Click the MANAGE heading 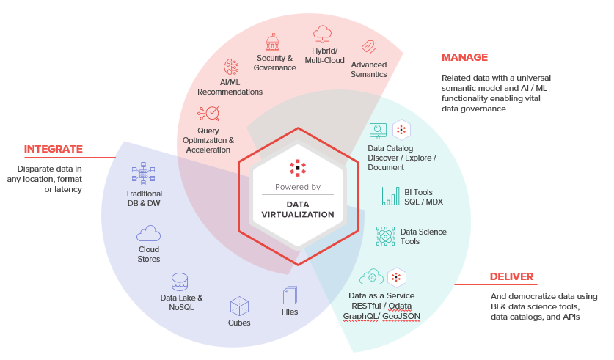click(464, 57)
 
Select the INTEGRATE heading click(54, 149)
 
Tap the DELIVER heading click(511, 276)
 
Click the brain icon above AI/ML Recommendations click(231, 67)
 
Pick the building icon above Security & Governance click(273, 42)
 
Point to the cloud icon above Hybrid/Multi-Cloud click(322, 34)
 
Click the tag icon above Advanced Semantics click(369, 47)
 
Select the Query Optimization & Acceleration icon click(208, 114)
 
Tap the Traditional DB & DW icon click(143, 174)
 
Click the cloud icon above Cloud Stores click(148, 233)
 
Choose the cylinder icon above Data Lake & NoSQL click(180, 282)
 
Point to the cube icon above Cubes click(239, 306)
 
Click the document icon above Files click(290, 295)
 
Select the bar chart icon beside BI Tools click(391, 196)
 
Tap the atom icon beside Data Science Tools click(385, 236)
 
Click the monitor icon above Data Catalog click(378, 131)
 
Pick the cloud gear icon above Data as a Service click(371, 276)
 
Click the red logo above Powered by click(298, 168)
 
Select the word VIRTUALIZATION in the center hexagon click(298, 214)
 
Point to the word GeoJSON click(401, 316)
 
